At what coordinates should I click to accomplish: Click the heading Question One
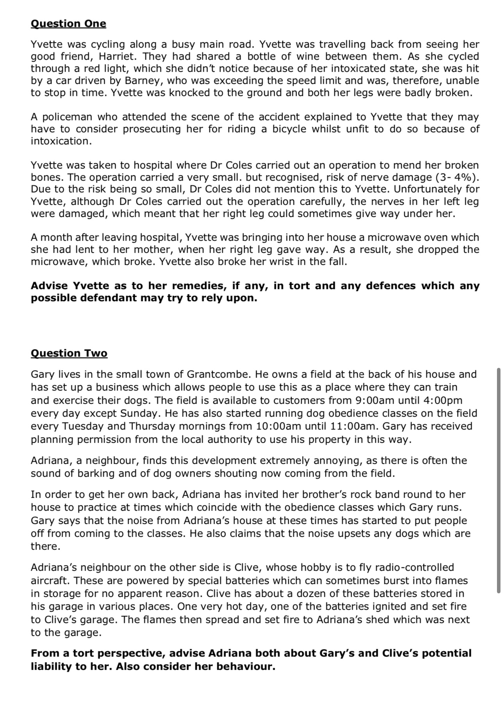point(68,24)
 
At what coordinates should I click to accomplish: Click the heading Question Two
point(69,353)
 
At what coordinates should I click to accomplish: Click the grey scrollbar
point(499,480)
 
